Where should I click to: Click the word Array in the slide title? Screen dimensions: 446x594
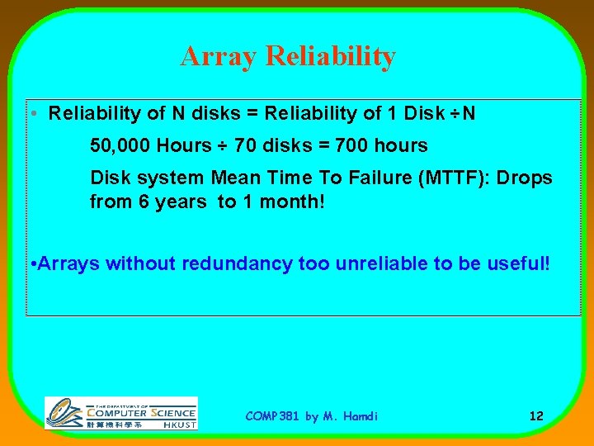pyautogui.click(x=217, y=57)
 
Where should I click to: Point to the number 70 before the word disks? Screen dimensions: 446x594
pyautogui.click(x=245, y=146)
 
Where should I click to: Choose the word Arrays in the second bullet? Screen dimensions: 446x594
pyautogui.click(x=68, y=264)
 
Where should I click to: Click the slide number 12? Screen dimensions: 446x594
pyautogui.click(x=536, y=416)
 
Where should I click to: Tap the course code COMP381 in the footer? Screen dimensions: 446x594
pyautogui.click(x=273, y=416)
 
